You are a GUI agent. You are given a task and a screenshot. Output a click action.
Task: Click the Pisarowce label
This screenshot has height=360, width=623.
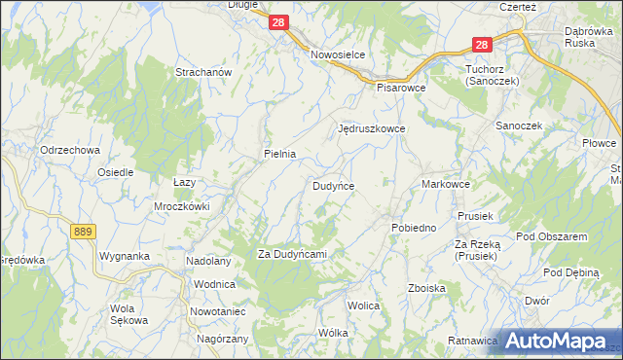[402, 86]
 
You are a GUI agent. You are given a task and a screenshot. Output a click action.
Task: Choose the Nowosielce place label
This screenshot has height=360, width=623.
[337, 55]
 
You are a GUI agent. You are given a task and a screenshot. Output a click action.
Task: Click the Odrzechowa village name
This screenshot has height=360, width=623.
[70, 150]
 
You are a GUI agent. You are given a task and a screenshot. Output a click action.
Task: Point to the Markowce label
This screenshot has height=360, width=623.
[447, 184]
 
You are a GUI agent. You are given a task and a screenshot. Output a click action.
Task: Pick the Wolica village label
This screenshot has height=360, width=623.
[363, 305]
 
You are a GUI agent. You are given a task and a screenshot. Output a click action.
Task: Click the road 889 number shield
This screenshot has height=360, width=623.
[84, 230]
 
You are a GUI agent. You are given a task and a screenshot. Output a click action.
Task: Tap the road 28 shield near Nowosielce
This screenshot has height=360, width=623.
[279, 21]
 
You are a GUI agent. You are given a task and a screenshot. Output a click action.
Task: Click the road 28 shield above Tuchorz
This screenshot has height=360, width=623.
[483, 44]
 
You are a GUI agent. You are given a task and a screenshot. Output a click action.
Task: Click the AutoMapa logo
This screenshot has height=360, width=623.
[558, 341]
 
